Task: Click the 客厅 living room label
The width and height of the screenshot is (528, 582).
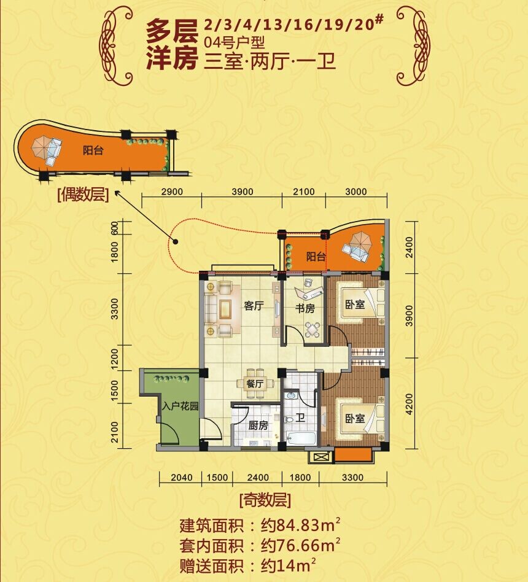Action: tap(254, 306)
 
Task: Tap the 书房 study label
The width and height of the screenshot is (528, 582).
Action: tap(305, 308)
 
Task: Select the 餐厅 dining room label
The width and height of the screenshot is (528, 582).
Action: tap(255, 384)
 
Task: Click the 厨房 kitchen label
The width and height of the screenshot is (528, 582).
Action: tap(258, 425)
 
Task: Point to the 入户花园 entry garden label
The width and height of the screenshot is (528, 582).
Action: tap(181, 406)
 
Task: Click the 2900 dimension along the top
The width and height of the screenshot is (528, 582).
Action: tap(173, 192)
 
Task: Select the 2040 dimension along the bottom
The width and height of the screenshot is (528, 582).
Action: tap(182, 478)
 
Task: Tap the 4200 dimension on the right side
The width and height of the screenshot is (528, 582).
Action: tap(409, 404)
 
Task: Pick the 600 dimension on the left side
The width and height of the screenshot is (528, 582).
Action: tap(114, 228)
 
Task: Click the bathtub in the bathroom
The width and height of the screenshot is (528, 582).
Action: tap(301, 438)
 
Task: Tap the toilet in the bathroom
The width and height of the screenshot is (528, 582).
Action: tap(289, 420)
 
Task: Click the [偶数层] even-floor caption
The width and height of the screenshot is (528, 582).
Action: tap(83, 195)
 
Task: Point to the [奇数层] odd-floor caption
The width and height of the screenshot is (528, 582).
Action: tap(265, 500)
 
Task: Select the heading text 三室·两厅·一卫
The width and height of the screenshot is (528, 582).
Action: tap(270, 61)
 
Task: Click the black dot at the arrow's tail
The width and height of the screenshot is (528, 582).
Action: tap(176, 242)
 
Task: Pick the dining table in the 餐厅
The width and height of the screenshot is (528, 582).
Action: tap(255, 384)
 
